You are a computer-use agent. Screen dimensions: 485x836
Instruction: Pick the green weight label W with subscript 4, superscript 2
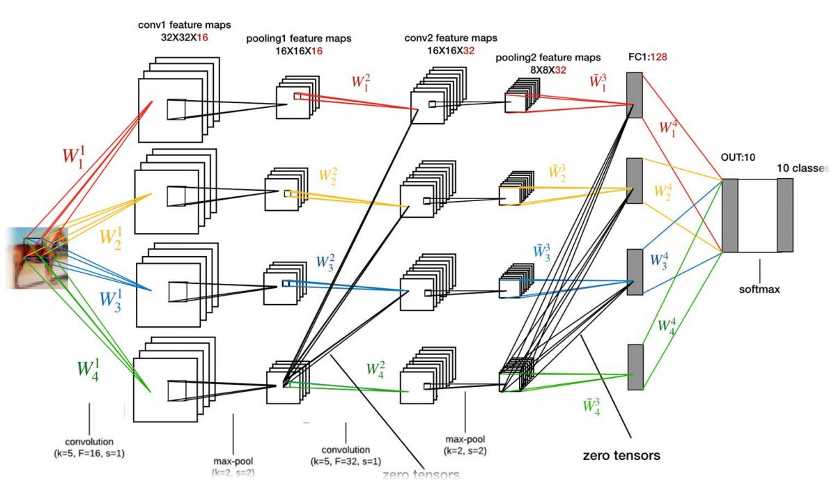(376, 369)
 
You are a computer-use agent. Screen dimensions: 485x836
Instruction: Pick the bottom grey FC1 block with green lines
(634, 367)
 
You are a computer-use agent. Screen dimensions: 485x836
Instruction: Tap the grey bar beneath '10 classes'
(785, 215)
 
